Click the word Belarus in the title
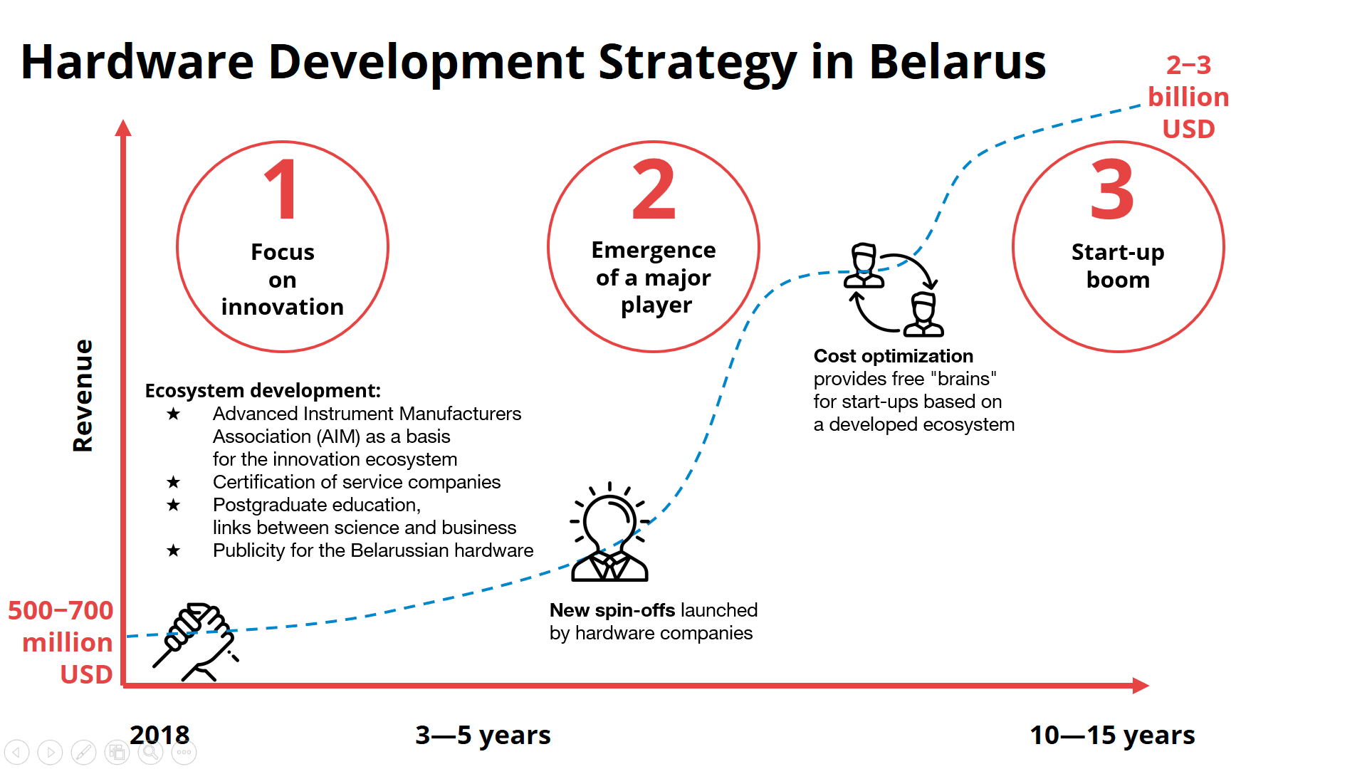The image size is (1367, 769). [x=957, y=61]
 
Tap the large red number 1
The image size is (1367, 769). [x=283, y=189]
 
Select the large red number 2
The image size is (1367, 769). [x=654, y=189]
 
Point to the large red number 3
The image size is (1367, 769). [x=1112, y=189]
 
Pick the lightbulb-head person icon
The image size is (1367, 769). [x=609, y=532]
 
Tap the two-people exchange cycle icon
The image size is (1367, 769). [x=894, y=289]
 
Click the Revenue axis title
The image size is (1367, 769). [x=83, y=395]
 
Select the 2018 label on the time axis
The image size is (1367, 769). [x=159, y=735]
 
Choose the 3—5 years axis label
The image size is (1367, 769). [x=483, y=735]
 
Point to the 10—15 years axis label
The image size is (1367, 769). [x=1112, y=735]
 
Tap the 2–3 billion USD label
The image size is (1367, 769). [x=1188, y=97]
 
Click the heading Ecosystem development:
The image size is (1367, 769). [x=263, y=390]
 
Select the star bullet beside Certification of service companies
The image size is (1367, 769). [x=173, y=482]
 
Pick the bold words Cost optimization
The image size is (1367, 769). [x=893, y=356]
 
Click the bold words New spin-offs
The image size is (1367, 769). [x=612, y=610]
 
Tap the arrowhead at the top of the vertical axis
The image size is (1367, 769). [x=123, y=127]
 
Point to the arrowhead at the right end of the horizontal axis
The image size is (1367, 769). [x=1141, y=685]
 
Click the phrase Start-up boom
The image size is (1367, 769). [x=1118, y=266]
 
